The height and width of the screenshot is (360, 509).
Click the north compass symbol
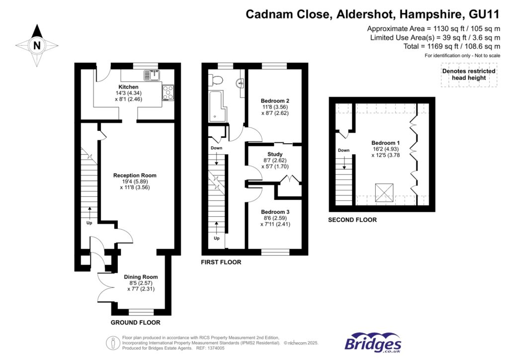(x=36, y=45)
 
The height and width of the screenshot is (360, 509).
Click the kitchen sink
(x=150, y=76)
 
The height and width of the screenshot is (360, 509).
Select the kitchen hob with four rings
(x=168, y=91)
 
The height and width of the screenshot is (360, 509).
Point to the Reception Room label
(x=135, y=176)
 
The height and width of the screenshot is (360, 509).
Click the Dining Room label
(x=141, y=277)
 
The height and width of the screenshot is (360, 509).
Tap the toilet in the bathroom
(x=216, y=80)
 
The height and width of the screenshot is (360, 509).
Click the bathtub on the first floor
(x=218, y=106)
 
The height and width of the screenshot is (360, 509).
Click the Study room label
(x=275, y=154)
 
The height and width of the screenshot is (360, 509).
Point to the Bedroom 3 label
(x=275, y=212)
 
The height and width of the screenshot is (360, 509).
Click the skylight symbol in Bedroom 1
(x=384, y=192)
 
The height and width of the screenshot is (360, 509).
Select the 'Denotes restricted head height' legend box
(x=469, y=75)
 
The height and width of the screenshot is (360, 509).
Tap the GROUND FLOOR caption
(x=135, y=323)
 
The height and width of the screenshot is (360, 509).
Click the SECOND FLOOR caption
(x=352, y=220)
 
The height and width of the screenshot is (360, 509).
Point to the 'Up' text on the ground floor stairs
(x=90, y=223)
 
